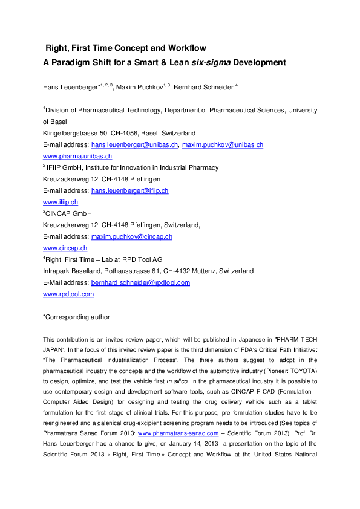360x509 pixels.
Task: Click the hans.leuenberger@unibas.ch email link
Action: coord(134,145)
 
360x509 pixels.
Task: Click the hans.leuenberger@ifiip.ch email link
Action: coord(129,190)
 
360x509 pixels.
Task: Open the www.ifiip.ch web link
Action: coord(61,202)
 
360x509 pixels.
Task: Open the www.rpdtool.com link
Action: coord(68,294)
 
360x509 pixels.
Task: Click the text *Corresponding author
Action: coord(76,317)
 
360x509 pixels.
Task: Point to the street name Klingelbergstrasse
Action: coord(67,133)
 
